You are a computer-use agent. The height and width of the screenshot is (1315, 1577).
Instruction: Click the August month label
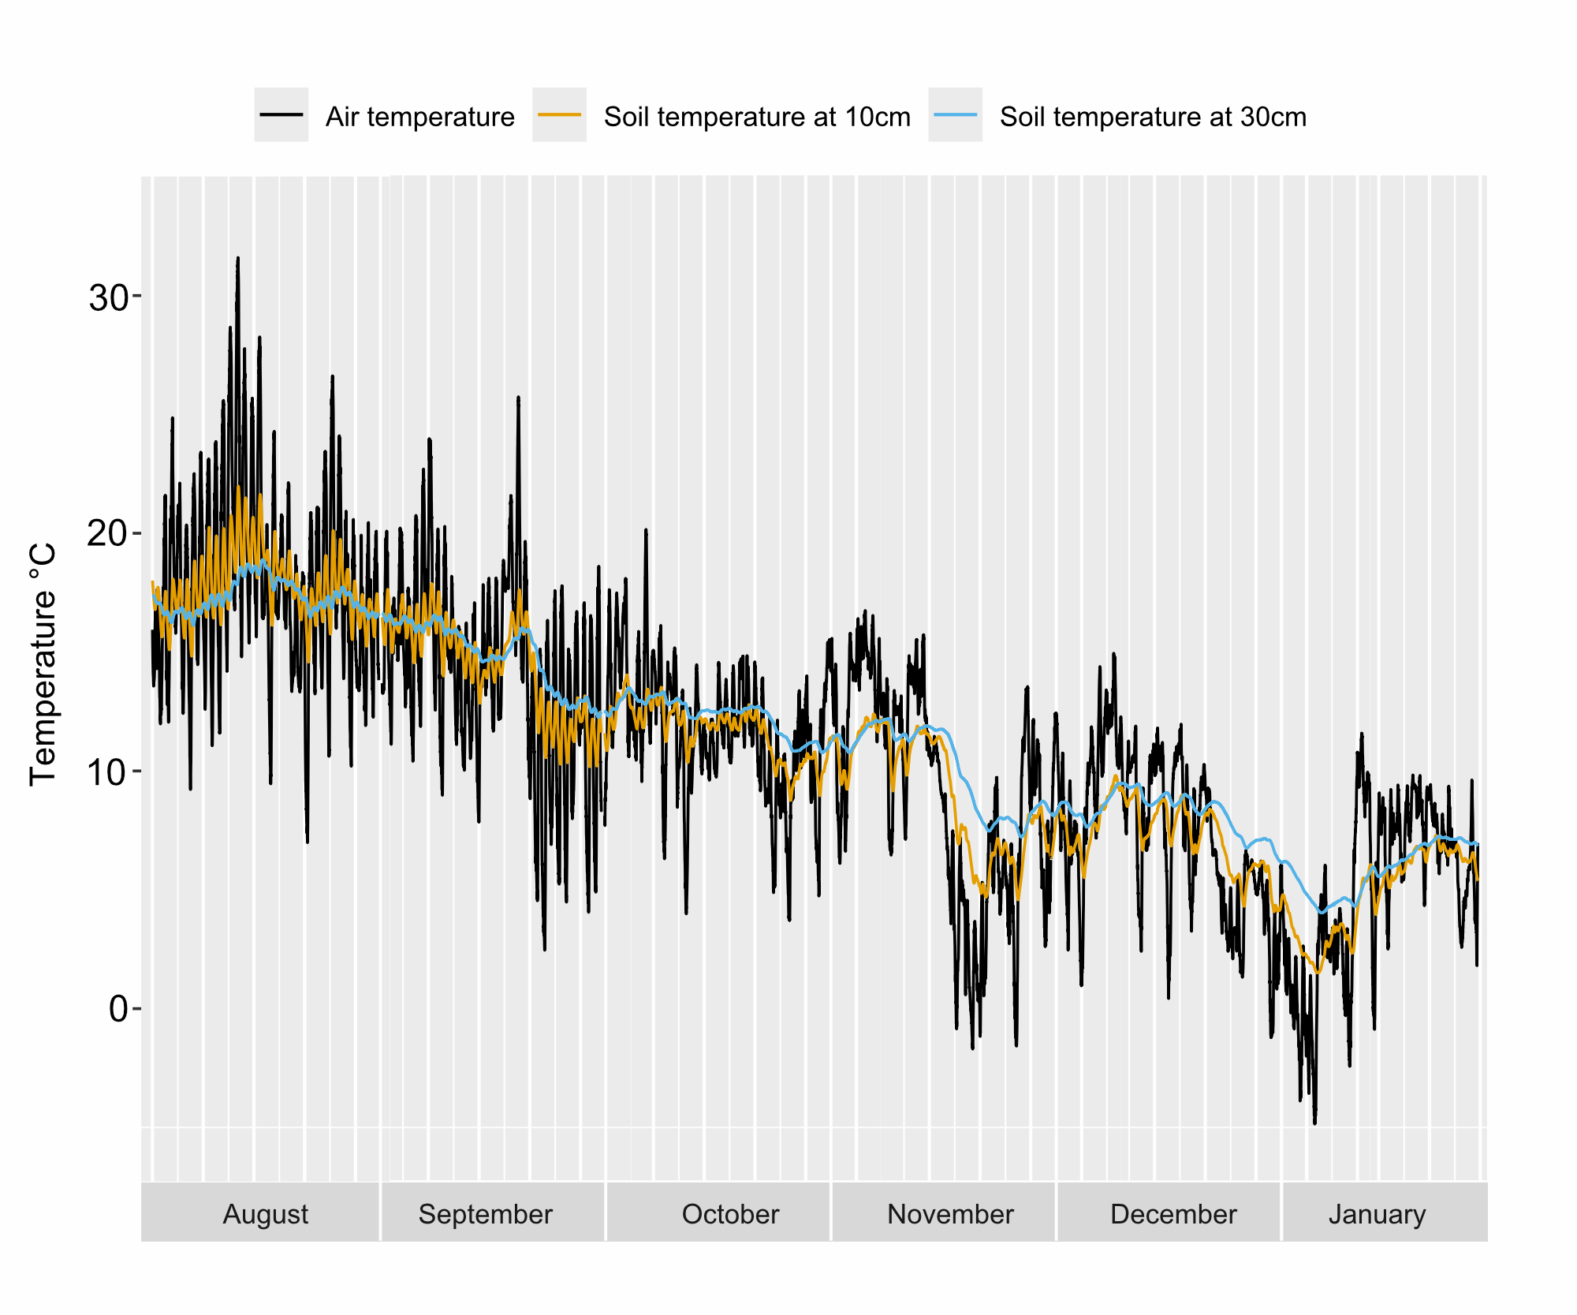pos(266,1214)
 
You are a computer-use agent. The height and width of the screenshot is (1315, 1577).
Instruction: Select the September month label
pos(485,1214)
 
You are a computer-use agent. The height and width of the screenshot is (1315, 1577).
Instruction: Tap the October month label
pos(730,1214)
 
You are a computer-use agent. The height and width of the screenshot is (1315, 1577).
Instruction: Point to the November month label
pos(950,1214)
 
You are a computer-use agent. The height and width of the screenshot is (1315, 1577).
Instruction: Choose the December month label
pos(1173,1214)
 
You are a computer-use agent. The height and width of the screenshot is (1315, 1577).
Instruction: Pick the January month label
pos(1377,1214)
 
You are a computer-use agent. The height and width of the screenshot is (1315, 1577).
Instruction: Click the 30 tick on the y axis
pos(109,297)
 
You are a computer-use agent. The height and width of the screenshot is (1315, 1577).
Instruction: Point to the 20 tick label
pos(109,534)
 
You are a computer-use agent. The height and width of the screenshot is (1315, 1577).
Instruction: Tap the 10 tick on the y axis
pos(109,771)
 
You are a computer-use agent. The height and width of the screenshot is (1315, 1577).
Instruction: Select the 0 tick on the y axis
pos(118,1009)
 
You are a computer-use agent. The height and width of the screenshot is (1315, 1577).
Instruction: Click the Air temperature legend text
pos(419,117)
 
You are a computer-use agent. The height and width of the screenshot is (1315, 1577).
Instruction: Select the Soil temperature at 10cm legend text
pos(757,117)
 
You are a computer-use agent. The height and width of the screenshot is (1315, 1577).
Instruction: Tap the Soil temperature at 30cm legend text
pos(1153,117)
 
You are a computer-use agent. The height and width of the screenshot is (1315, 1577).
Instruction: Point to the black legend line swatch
pos(281,115)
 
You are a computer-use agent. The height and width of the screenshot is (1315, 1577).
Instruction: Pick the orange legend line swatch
pos(559,115)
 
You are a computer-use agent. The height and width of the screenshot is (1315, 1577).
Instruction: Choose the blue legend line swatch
pos(955,115)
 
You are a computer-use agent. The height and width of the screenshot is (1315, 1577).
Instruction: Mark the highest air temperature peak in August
pos(237,259)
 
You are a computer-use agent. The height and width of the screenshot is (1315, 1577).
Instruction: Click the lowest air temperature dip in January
pos(1314,1123)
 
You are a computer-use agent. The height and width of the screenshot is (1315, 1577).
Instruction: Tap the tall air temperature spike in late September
pos(518,398)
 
